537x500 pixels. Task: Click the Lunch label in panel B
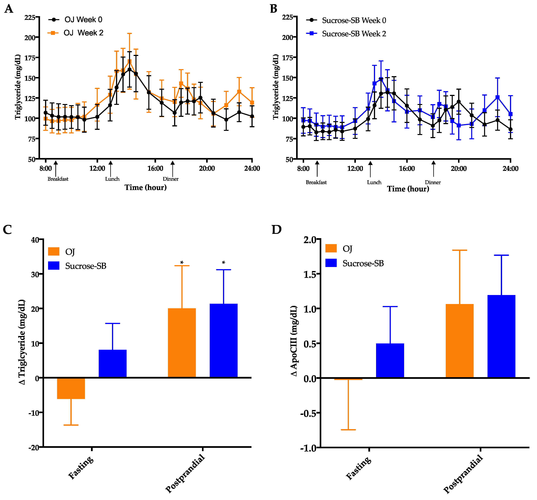tap(374, 182)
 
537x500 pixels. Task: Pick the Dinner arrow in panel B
tap(434, 169)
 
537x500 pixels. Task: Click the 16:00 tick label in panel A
tap(155, 169)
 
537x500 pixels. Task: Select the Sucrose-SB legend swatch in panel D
tap(331, 263)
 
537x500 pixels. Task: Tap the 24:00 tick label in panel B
tap(510, 169)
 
